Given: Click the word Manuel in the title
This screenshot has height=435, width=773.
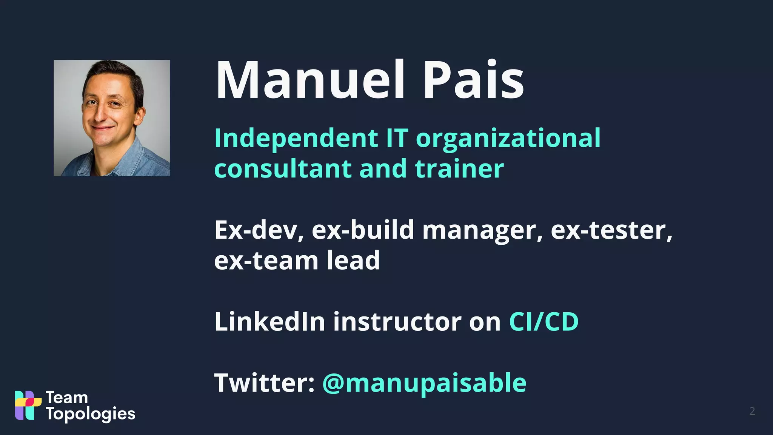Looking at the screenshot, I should pyautogui.click(x=310, y=80).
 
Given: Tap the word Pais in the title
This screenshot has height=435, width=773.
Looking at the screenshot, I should pyautogui.click(x=473, y=80).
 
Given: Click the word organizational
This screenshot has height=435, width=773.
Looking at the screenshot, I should pyautogui.click(x=508, y=138).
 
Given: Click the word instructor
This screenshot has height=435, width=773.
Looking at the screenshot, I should pyautogui.click(x=397, y=322).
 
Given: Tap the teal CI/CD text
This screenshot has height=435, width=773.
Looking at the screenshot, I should pyautogui.click(x=544, y=322).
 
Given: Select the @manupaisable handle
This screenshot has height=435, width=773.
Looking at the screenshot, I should pyautogui.click(x=424, y=383).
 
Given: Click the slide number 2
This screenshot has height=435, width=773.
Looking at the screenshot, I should pyautogui.click(x=752, y=411).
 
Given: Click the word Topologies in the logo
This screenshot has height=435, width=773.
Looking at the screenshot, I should pyautogui.click(x=91, y=414).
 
